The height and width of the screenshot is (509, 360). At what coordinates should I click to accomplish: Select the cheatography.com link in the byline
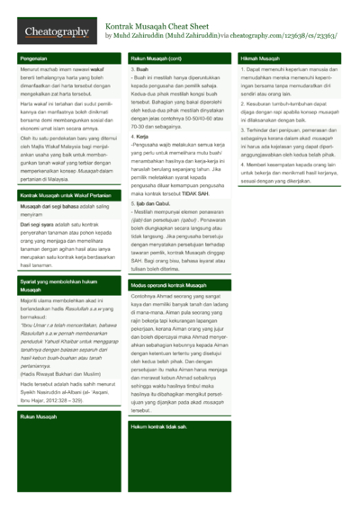coord(252,37)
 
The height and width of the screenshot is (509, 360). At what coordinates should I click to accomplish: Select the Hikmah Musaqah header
coord(260,58)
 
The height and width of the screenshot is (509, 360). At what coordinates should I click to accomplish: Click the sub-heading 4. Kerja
coord(141,137)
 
